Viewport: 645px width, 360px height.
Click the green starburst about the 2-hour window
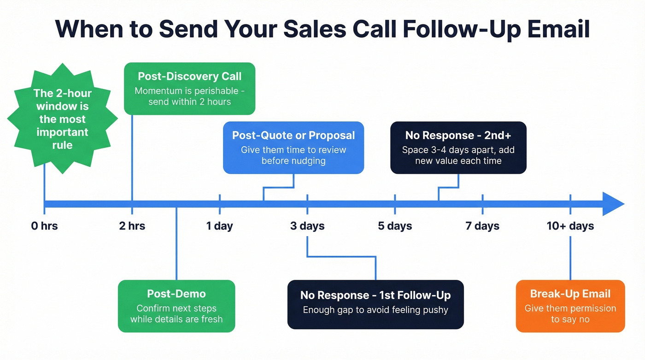[x=62, y=119]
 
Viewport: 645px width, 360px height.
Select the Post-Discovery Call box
[x=189, y=89]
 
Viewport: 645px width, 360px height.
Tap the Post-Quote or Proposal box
[x=293, y=148]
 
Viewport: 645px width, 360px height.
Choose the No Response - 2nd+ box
[x=458, y=148]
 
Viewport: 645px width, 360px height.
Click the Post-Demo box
[x=176, y=306]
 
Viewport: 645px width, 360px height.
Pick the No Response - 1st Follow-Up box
[x=375, y=304]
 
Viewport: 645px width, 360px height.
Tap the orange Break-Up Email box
[x=570, y=306]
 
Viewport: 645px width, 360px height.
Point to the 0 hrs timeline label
[x=45, y=226]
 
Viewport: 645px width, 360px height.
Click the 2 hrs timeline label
[x=132, y=226]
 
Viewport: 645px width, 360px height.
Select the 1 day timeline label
[x=219, y=226]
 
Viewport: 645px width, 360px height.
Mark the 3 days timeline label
[x=307, y=226]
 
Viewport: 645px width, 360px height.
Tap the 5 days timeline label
[x=395, y=226]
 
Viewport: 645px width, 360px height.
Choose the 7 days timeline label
[x=482, y=226]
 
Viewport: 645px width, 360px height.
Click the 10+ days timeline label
[x=570, y=226]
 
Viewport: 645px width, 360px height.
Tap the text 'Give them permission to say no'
[x=570, y=313]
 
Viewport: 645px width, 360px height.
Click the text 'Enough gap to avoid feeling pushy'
[x=375, y=310]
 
